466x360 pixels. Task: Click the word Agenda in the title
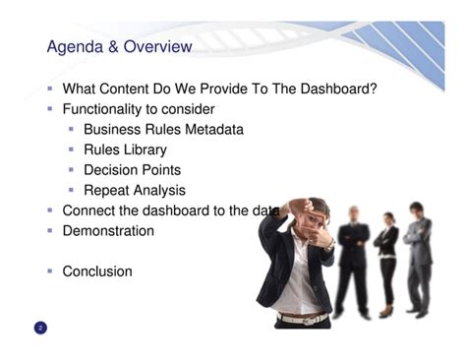(77, 47)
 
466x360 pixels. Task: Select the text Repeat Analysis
(134, 190)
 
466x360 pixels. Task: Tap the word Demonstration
(108, 231)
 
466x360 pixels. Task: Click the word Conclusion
(96, 271)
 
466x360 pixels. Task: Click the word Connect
(89, 210)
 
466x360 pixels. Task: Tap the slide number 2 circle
(40, 327)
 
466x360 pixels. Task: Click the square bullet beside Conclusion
(49, 271)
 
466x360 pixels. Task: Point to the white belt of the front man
(300, 319)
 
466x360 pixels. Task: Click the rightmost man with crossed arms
(419, 256)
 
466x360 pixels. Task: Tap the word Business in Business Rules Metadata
(114, 129)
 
